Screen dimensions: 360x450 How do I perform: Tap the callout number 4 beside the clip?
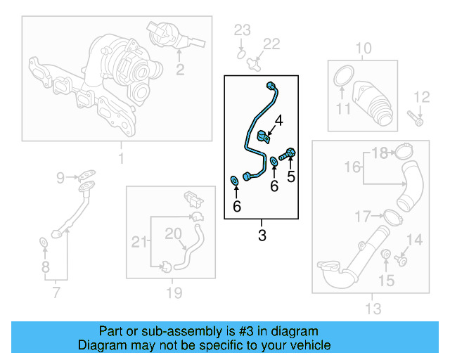(279, 121)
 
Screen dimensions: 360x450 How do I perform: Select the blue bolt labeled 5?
(288, 154)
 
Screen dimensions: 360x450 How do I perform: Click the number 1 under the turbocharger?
(120, 159)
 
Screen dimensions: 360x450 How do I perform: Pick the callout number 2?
(180, 69)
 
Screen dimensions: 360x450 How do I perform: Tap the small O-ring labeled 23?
(240, 51)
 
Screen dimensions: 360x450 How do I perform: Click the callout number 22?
(271, 45)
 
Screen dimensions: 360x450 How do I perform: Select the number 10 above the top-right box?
(363, 49)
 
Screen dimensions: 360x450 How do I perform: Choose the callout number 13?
(373, 308)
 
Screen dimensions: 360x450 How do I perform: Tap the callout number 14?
(415, 240)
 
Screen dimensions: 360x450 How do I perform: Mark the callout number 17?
(363, 215)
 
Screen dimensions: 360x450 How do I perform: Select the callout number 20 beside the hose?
(173, 233)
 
